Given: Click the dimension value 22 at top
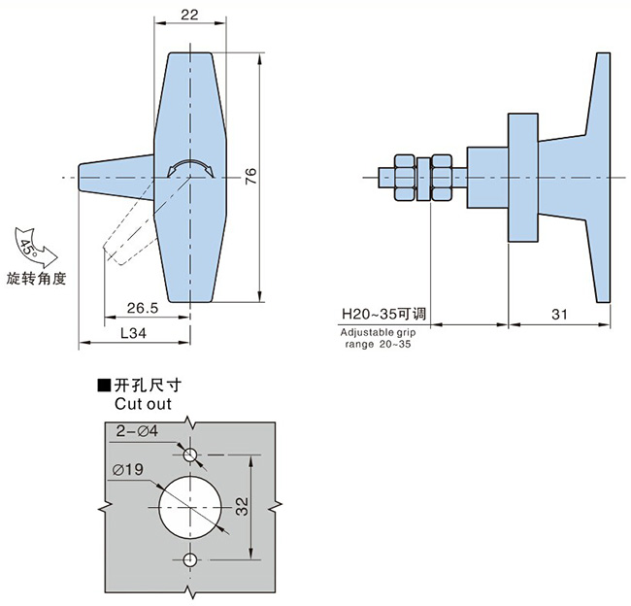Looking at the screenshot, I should pos(189,15).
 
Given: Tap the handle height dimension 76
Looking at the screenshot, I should pos(250,176).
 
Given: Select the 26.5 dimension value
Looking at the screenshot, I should pos(142,308).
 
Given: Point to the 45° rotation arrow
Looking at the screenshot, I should pos(30,242).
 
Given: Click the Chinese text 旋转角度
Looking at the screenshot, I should pos(36,279).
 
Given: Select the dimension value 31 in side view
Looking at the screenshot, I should pos(558,315).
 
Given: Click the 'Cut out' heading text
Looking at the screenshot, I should pos(143,403).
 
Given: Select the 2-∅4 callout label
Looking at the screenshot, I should pos(137,430).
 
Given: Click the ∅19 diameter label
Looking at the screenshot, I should pos(128,470).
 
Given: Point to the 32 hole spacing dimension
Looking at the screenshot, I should pos(242,506).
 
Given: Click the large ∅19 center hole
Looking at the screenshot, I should pos(189,506).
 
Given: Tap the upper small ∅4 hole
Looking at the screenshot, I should pos(189,454).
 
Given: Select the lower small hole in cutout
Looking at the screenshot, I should pos(189,558).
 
